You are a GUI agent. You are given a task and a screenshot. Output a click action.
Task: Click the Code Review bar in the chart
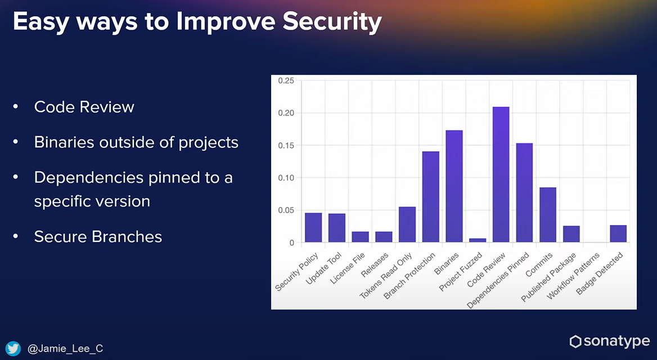[501, 174]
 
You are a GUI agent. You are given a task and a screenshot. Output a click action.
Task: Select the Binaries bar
[454, 186]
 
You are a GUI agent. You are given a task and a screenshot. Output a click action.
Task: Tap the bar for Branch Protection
[430, 197]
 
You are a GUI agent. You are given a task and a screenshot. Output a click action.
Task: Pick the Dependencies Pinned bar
[524, 192]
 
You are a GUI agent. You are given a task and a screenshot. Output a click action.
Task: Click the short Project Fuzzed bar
[478, 240]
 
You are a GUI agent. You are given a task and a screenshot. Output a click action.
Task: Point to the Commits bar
[547, 214]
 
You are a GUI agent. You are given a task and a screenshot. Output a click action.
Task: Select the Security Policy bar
[313, 227]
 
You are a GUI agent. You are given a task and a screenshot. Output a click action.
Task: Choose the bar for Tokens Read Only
[407, 224]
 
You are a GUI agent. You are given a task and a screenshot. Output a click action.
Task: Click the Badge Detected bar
[618, 233]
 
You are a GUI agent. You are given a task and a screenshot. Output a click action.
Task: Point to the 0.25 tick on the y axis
[286, 81]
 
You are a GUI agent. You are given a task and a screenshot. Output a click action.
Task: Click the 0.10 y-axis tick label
[286, 178]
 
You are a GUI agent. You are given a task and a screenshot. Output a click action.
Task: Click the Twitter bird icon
[14, 349]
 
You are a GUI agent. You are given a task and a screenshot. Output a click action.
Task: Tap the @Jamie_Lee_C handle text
[65, 349]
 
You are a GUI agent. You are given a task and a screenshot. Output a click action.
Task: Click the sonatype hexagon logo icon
[575, 341]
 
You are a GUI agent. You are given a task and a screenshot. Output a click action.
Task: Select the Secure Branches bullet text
[98, 237]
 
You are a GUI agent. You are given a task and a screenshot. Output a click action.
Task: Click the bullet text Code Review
[84, 107]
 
